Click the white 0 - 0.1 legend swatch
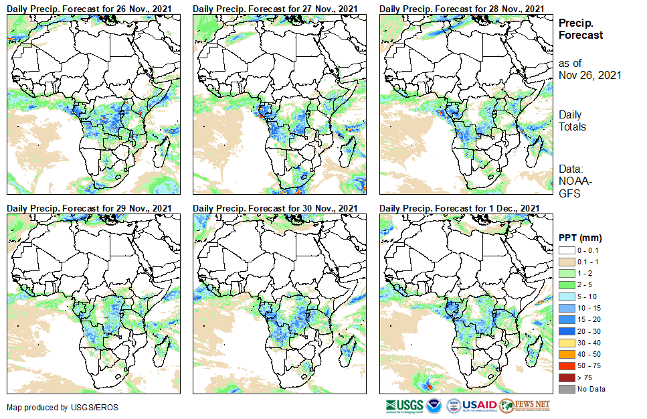566,250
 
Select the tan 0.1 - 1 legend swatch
566,262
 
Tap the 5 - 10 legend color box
566,297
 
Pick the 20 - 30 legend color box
566,331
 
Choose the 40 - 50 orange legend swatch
566,354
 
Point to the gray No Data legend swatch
566,389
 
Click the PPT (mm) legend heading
580,238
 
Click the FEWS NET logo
525,406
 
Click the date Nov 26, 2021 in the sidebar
590,75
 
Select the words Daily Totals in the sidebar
572,120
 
